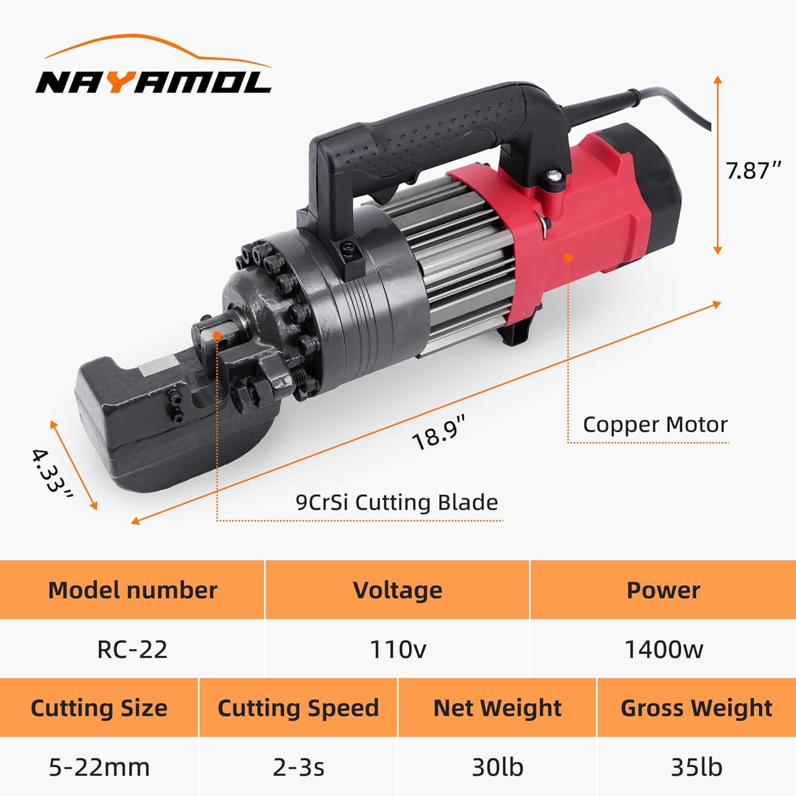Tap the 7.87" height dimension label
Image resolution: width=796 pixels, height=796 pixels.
pos(754,170)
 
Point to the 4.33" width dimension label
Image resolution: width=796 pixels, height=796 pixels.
pos(52,474)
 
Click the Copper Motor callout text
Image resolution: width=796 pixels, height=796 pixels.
pos(655,425)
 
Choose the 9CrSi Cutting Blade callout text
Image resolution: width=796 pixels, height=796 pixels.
pos(397,502)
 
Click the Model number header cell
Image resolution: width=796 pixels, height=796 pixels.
pos(133,591)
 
